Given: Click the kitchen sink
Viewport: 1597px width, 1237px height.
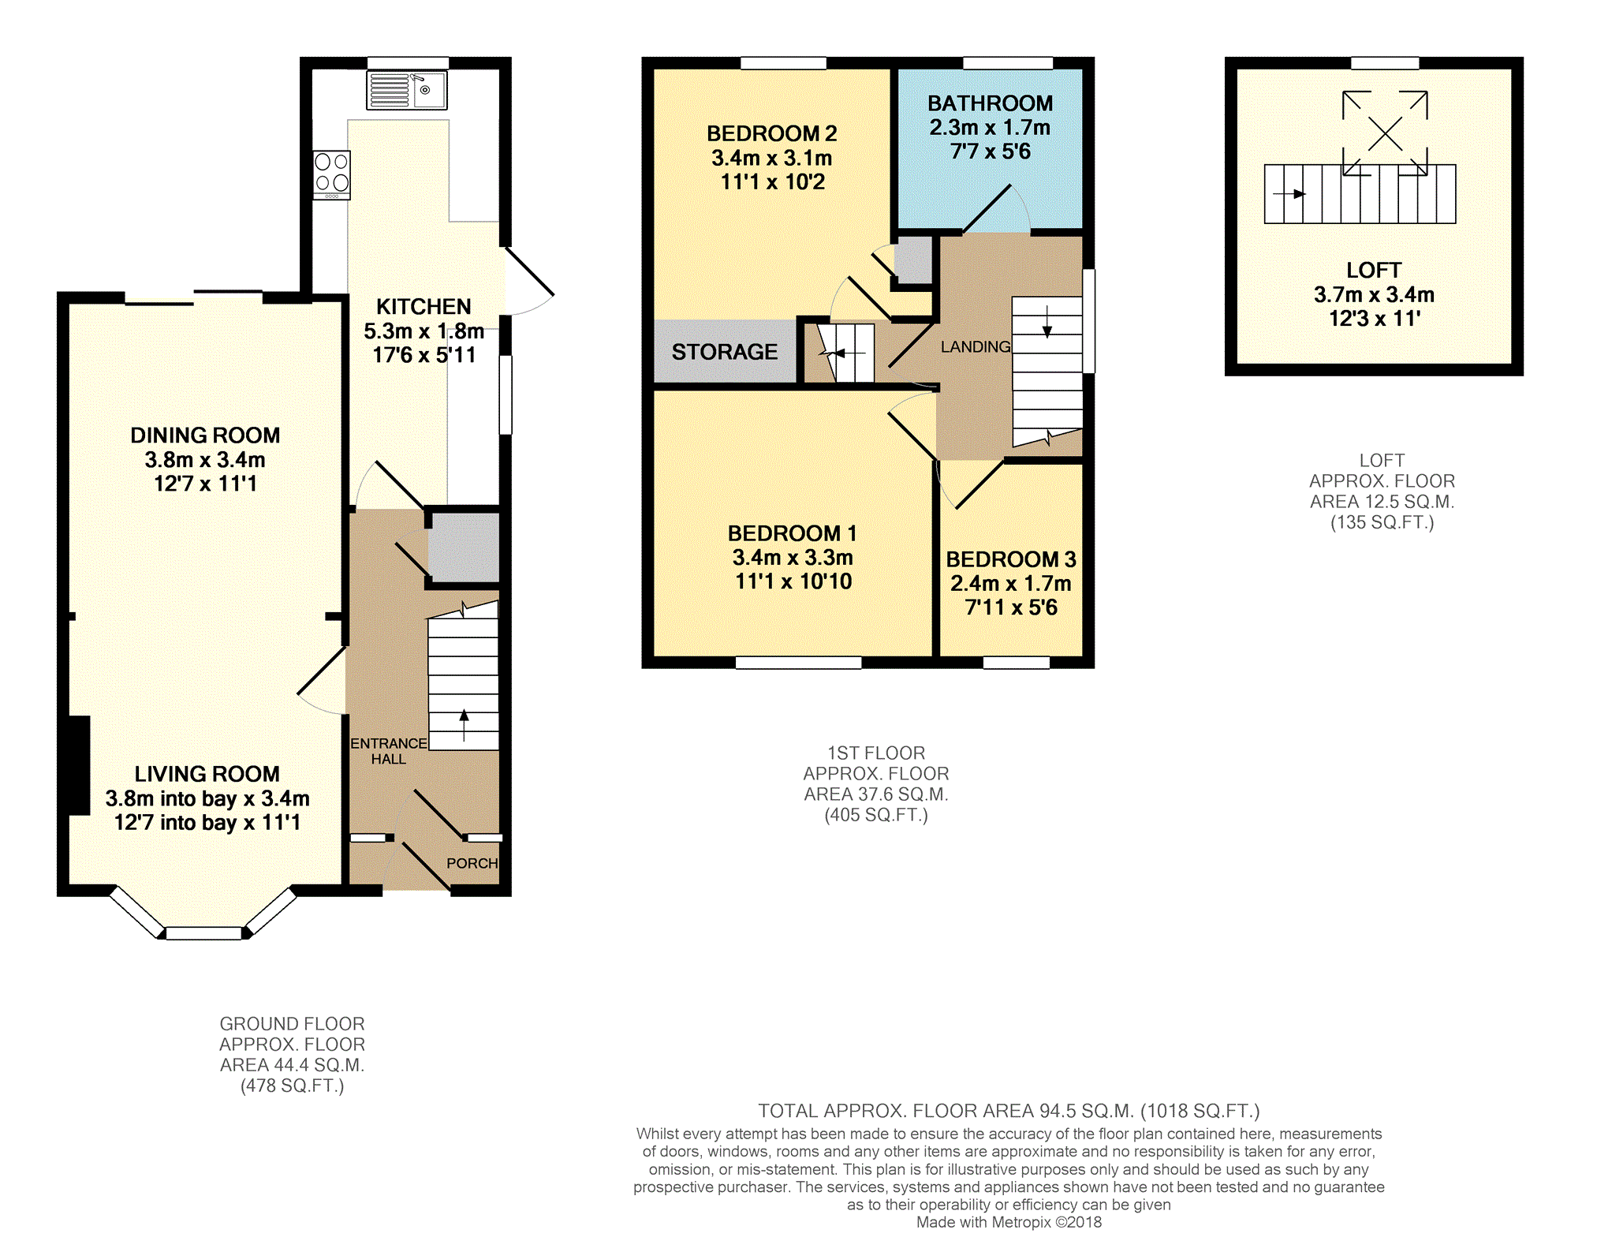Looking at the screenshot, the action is (407, 90).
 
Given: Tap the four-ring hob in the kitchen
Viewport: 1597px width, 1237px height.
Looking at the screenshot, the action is (331, 174).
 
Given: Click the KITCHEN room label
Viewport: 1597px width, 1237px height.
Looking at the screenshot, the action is (424, 306).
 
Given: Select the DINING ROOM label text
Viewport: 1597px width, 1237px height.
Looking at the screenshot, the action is (205, 435).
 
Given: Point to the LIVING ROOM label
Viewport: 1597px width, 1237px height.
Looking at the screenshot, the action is (207, 774).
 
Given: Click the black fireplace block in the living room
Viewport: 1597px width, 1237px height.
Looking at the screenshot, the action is (79, 765).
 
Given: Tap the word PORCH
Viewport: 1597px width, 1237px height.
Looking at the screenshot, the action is (472, 863).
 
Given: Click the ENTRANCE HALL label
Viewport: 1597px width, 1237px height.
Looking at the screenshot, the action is (389, 751).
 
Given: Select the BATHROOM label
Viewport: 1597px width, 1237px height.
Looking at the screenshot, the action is (990, 103).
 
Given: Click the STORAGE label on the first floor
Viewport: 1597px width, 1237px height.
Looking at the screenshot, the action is (724, 352).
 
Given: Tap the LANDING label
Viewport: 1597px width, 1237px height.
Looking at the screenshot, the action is (975, 346).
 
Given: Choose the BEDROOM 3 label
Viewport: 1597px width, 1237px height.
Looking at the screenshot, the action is (1011, 559).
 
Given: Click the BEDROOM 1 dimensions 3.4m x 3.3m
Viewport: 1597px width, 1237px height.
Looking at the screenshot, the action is (793, 558).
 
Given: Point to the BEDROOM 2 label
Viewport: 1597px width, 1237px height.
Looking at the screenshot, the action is (771, 133).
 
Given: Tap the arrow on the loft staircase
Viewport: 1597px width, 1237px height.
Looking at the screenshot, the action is (1289, 194).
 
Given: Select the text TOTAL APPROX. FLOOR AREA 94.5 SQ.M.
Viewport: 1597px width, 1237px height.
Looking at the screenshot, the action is (946, 1111).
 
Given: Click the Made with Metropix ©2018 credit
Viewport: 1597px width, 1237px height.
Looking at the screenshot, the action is (1009, 1222).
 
